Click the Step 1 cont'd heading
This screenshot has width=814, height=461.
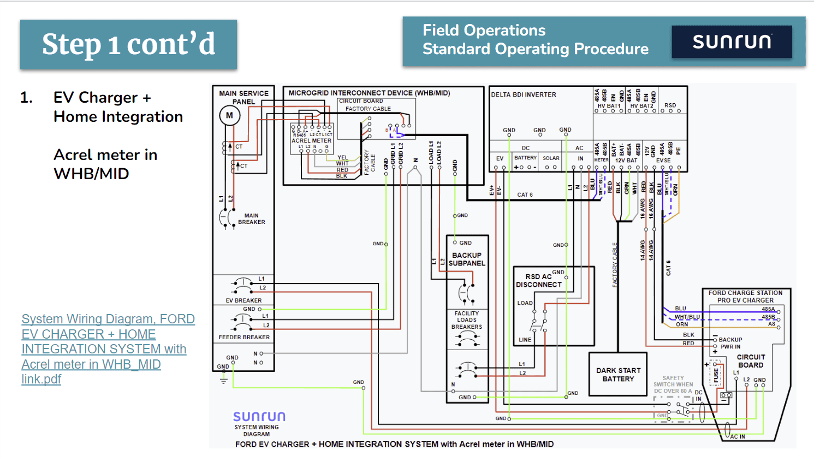[128, 44]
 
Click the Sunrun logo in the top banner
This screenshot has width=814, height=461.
[732, 42]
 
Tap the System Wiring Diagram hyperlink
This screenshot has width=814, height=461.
[108, 348]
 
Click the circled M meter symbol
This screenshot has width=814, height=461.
[229, 115]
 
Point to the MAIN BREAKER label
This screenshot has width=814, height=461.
[251, 219]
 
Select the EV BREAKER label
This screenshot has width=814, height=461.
[243, 300]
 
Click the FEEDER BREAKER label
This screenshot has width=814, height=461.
[244, 337]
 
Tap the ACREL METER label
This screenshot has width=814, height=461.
[311, 140]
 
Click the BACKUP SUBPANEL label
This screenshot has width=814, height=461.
[467, 259]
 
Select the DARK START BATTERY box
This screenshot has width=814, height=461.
[618, 374]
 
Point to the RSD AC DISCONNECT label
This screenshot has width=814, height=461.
[539, 281]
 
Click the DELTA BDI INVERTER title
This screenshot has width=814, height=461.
[523, 94]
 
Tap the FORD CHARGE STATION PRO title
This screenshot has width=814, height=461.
[745, 297]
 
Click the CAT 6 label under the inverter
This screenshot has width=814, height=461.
[525, 194]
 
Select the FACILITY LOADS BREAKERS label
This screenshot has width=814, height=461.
[467, 320]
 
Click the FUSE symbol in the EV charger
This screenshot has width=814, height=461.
[716, 375]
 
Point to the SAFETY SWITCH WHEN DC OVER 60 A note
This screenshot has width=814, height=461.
[673, 385]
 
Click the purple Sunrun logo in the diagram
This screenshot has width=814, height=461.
[259, 417]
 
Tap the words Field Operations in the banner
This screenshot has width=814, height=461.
[484, 31]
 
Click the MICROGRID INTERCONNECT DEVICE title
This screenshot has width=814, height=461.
[369, 93]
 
